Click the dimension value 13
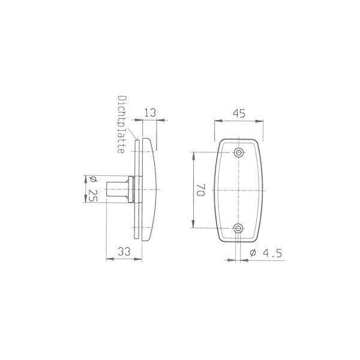[x=150, y=113]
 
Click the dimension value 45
[x=239, y=113]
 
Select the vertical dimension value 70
[x=200, y=190]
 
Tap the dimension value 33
[x=124, y=251]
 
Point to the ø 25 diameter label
[x=93, y=189]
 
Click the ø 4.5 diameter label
[x=266, y=253]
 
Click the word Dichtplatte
[x=122, y=124]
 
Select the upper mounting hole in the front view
[x=239, y=152]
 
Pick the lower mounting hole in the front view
[x=238, y=228]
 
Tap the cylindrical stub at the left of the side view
[x=117, y=189]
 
